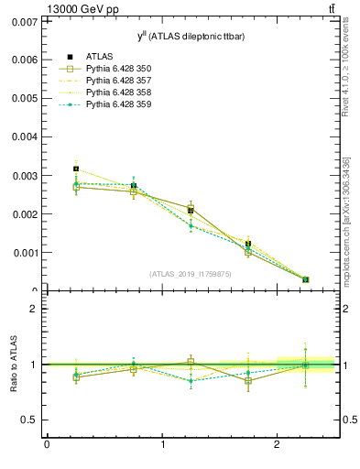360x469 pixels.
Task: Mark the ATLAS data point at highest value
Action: (76, 169)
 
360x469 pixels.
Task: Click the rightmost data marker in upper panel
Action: (305, 279)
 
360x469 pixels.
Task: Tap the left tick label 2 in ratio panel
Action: (33, 309)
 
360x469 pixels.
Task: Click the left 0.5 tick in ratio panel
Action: (28, 420)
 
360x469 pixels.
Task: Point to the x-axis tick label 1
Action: (162, 445)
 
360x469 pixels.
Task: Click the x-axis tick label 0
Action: (47, 445)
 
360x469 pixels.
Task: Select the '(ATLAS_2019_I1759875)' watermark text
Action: (191, 274)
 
